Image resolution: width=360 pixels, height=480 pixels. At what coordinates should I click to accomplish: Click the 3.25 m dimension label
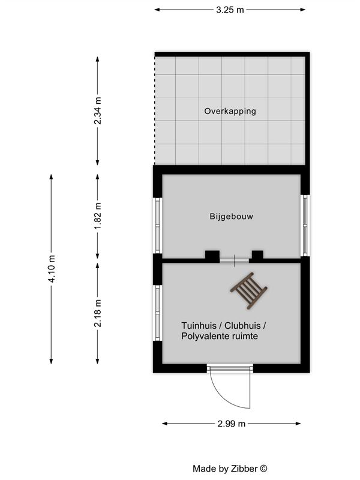click(230, 10)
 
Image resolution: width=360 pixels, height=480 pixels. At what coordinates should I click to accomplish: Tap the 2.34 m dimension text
click(97, 110)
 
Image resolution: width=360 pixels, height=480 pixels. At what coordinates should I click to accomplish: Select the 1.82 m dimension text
click(97, 216)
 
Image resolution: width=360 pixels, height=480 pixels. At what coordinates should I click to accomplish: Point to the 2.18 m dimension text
click(97, 313)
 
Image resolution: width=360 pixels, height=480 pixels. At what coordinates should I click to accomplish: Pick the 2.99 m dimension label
click(232, 424)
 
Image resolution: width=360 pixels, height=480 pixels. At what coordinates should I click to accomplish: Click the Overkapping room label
click(230, 111)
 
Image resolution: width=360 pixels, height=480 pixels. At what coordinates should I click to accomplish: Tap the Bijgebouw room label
click(232, 217)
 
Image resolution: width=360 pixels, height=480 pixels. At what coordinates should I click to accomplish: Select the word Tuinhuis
click(199, 325)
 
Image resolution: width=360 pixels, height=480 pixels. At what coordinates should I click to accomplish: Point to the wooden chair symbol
click(249, 291)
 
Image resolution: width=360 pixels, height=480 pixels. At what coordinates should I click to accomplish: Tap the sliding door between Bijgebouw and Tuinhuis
click(234, 260)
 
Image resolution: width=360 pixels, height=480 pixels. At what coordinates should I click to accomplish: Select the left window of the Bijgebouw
click(158, 226)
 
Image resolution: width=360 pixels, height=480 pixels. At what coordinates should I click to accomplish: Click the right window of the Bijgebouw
click(305, 226)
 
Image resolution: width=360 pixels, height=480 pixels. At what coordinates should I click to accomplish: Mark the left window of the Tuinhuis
click(158, 313)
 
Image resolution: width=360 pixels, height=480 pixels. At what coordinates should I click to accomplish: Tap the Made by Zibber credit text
click(230, 469)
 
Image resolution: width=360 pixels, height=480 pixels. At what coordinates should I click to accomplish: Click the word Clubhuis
click(242, 325)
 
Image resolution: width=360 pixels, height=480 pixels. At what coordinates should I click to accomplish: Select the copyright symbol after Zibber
click(263, 469)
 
